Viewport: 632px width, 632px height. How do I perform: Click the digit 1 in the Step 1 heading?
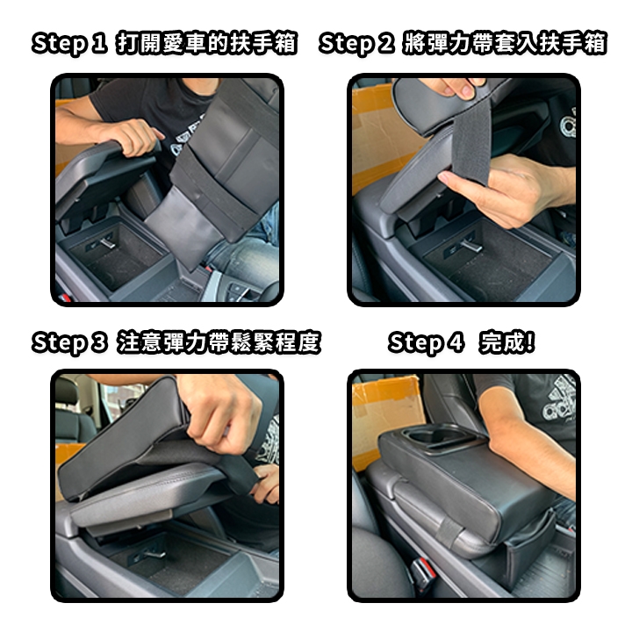tap(98, 43)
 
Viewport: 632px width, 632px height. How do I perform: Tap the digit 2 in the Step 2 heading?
tap(385, 43)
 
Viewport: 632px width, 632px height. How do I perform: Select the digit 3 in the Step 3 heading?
tap(98, 342)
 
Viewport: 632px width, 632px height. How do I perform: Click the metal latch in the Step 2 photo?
tap(470, 245)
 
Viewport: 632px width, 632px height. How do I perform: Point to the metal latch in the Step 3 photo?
tap(153, 553)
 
